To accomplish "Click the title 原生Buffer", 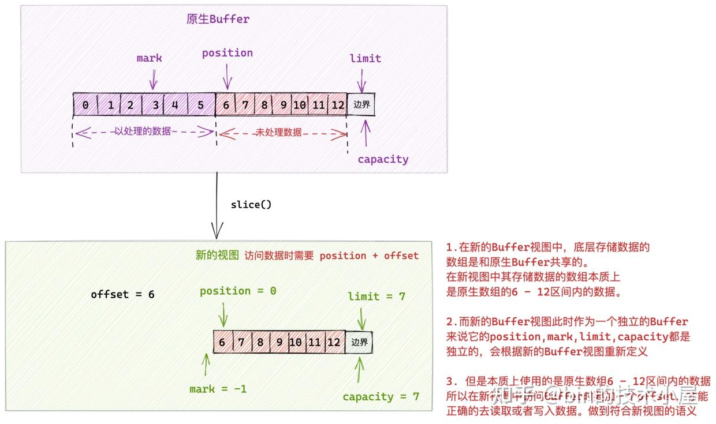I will [x=218, y=19].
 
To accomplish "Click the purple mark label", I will [x=149, y=58].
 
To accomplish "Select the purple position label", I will [x=227, y=53].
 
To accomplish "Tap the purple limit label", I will [x=365, y=58].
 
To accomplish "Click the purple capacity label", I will [x=382, y=159].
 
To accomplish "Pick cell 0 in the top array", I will [x=85, y=105].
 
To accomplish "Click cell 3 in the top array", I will [x=155, y=105].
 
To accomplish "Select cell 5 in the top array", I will [x=200, y=105].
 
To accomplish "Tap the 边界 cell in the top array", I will [x=361, y=105].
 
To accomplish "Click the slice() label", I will [x=251, y=205].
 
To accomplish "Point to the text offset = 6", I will [x=122, y=294].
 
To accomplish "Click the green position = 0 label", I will [x=238, y=291].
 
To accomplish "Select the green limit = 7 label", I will [x=376, y=297].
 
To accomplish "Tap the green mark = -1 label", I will [x=218, y=389].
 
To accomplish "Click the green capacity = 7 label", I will [x=381, y=397].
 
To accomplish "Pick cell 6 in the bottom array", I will [x=222, y=342].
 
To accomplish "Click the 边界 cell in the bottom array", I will [x=359, y=342].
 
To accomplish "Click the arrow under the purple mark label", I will [x=153, y=78].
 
